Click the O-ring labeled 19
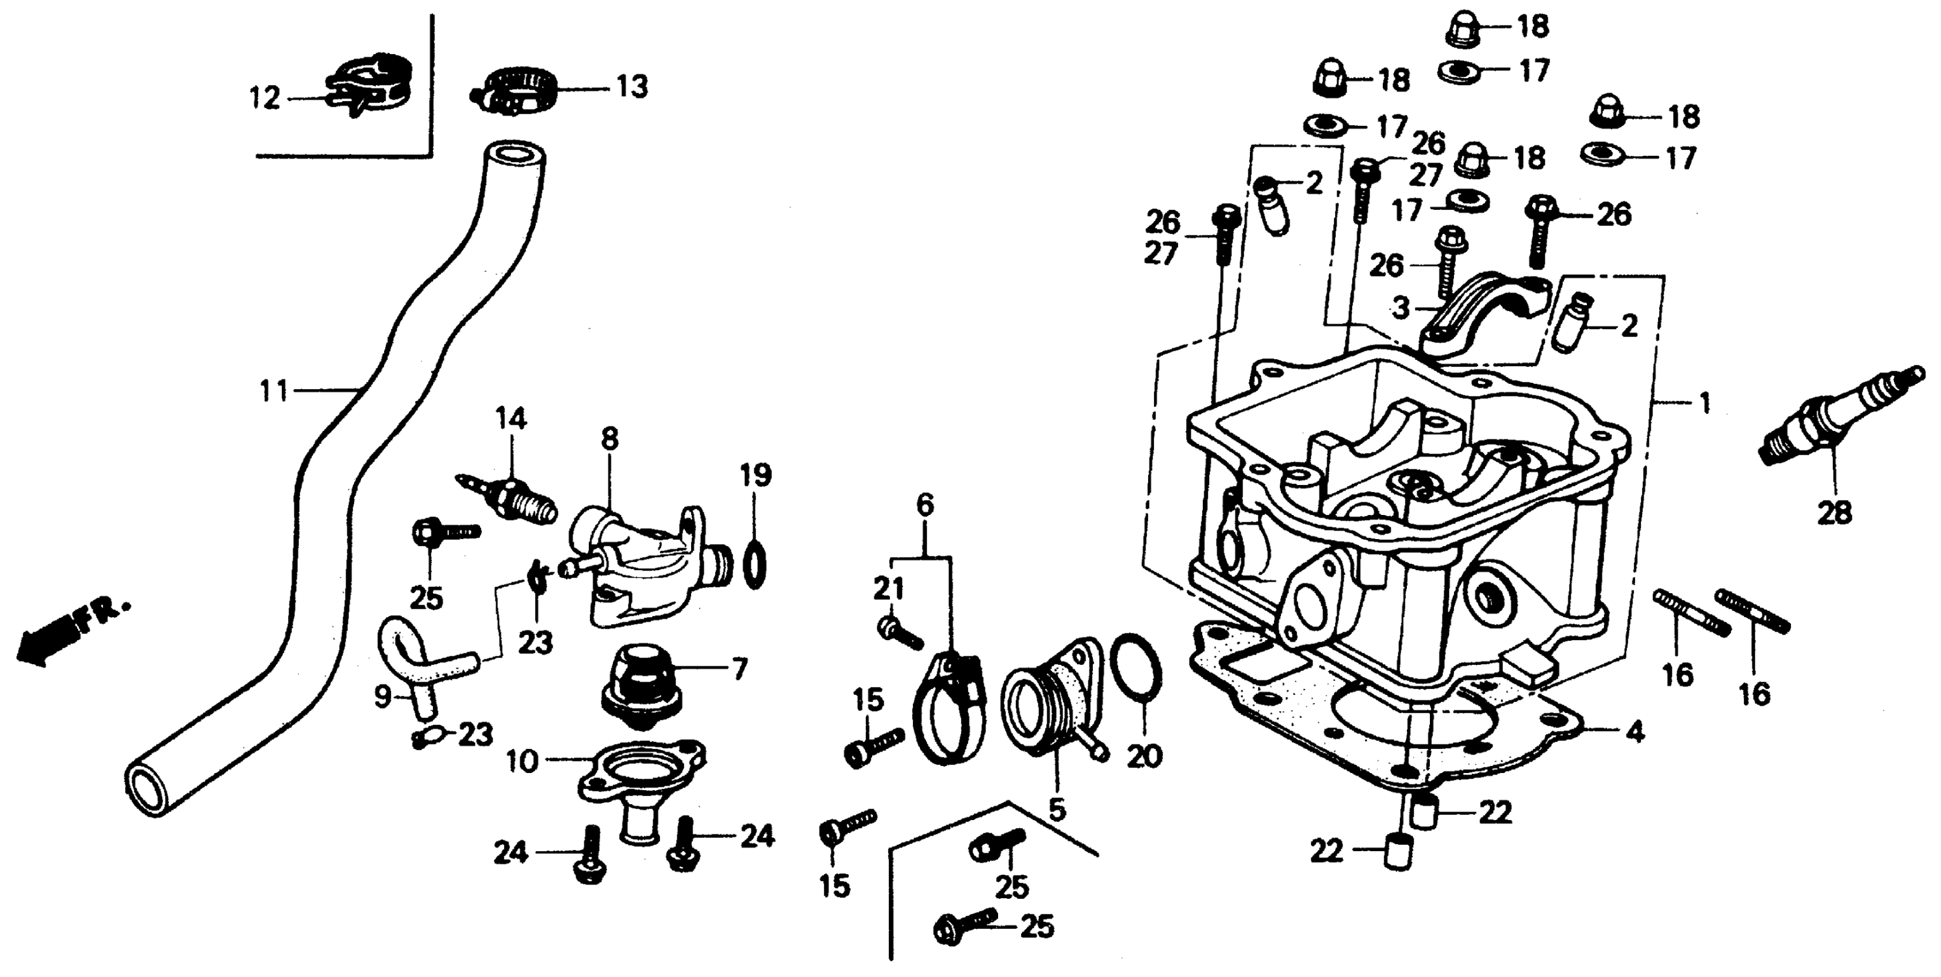click(755, 563)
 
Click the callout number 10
click(522, 761)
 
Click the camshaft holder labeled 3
click(1477, 309)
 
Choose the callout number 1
click(1704, 404)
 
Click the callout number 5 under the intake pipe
click(1057, 810)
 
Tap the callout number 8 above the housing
click(609, 439)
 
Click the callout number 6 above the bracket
click(925, 505)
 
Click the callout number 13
click(631, 88)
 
